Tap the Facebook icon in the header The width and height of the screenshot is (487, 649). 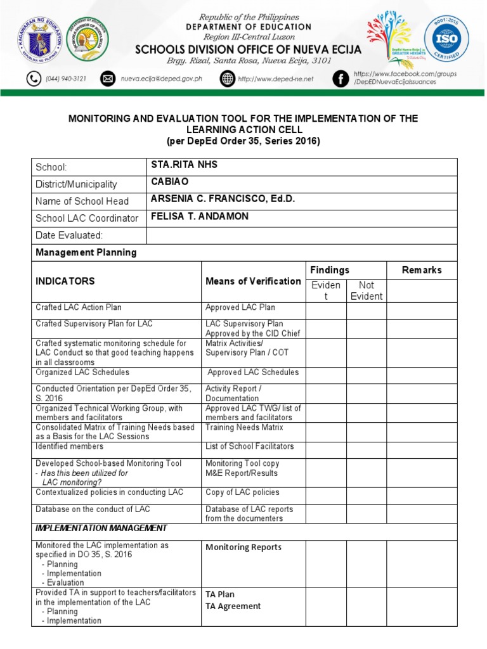click(341, 79)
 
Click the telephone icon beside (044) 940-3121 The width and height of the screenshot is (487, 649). click(32, 79)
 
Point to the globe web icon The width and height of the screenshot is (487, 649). click(228, 79)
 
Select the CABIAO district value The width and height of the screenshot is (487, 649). click(169, 182)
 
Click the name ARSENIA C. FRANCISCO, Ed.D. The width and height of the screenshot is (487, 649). click(223, 199)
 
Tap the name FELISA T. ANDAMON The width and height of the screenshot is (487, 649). click(200, 216)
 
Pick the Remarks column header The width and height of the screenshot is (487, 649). click(422, 270)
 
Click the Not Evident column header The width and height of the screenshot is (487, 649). click(367, 290)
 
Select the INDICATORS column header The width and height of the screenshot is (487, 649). click(65, 281)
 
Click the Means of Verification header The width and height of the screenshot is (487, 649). click(254, 281)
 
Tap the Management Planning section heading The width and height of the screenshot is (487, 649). click(86, 252)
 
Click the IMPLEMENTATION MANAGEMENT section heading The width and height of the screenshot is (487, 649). click(101, 528)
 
